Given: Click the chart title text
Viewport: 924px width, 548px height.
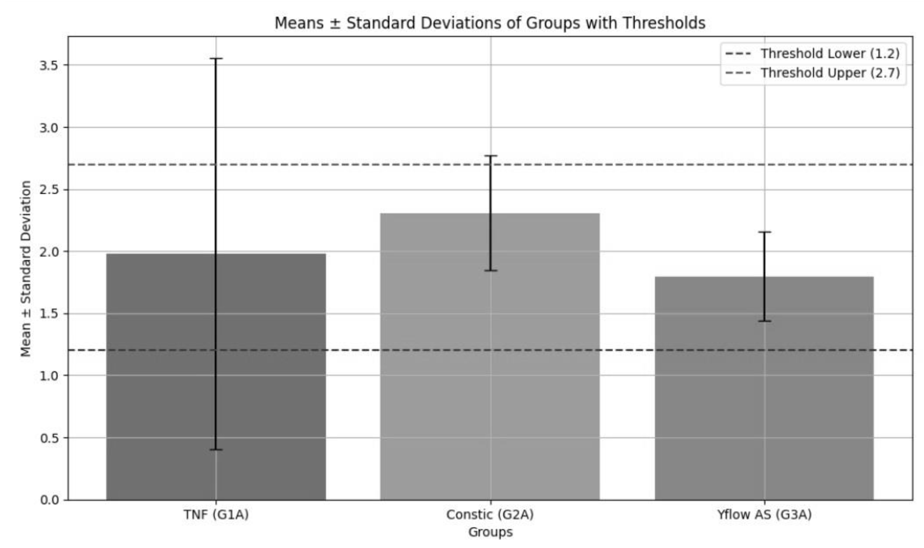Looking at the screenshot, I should point(490,23).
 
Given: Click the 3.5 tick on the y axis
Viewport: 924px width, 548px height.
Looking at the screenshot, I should point(50,65).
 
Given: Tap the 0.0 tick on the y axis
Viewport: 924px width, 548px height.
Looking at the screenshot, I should point(50,500).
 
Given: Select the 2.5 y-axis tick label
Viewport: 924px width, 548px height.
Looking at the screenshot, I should point(50,190).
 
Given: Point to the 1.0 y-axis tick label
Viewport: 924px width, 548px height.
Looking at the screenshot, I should point(50,376).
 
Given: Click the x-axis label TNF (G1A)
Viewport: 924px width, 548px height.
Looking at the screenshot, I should point(216,514).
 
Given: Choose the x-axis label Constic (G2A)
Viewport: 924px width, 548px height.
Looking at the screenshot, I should point(490,514).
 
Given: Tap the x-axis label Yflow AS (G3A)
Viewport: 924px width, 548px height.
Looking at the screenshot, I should point(764,514).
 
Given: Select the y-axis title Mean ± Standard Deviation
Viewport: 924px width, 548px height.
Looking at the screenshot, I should point(25,268).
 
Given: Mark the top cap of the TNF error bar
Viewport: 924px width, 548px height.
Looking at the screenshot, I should point(216,58).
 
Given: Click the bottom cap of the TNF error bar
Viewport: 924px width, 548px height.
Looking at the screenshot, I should point(216,449).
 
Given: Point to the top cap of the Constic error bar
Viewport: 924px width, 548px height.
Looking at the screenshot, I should point(491,156).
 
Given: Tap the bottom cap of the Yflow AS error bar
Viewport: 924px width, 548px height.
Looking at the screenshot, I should point(764,321).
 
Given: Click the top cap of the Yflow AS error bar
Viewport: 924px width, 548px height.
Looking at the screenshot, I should point(764,232).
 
